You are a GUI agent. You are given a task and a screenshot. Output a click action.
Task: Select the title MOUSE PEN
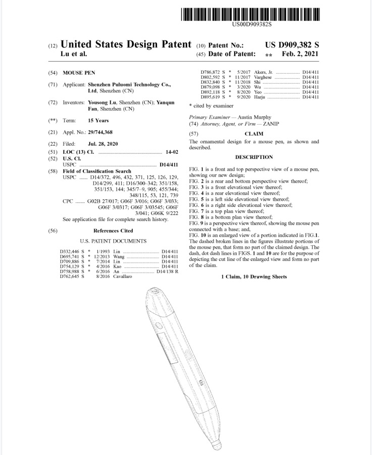click(x=79, y=73)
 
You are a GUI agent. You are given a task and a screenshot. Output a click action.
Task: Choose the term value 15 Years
click(x=98, y=121)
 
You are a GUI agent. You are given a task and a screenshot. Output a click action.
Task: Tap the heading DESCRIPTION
click(x=254, y=157)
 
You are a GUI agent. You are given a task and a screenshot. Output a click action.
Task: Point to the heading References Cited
click(x=113, y=231)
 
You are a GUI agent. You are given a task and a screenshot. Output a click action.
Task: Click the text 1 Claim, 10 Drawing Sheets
click(x=253, y=277)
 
